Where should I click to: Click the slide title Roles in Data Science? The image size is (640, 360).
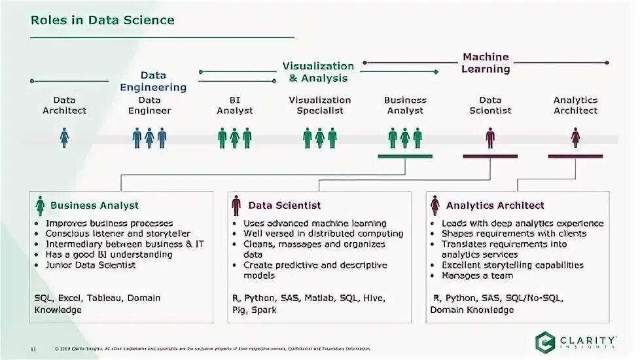tap(103, 20)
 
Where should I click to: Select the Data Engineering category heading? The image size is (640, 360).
tap(153, 82)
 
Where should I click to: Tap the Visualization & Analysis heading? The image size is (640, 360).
tap(318, 72)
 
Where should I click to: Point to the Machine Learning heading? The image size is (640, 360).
tap(486, 63)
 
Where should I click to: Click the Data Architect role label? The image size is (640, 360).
tap(64, 105)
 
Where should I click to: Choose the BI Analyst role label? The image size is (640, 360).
tap(235, 105)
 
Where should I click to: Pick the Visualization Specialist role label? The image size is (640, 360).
tap(320, 105)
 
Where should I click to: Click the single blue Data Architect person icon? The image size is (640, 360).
tap(64, 137)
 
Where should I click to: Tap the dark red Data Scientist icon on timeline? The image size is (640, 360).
tap(490, 137)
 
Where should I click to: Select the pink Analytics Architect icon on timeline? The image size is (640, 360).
tap(575, 137)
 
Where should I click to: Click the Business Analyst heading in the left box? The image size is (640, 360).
tap(94, 206)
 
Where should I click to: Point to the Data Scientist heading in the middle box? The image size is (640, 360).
tap(284, 206)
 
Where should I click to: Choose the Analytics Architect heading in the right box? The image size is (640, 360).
tap(495, 206)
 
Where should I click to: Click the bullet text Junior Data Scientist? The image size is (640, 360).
tap(90, 265)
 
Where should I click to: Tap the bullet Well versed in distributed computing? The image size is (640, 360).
tap(323, 234)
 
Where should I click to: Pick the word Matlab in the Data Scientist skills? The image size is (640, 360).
tap(320, 298)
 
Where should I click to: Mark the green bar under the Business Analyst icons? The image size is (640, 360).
tap(405, 156)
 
